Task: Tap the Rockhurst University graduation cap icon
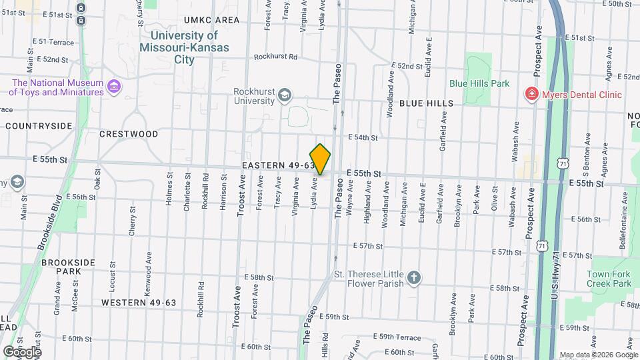pyautogui.click(x=285, y=95)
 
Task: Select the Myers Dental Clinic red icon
pyautogui.click(x=532, y=95)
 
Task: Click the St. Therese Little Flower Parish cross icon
pyautogui.click(x=414, y=277)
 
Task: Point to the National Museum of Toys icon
pyautogui.click(x=114, y=87)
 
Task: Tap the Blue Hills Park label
pyautogui.click(x=479, y=83)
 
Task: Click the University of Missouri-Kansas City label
pyautogui.click(x=184, y=47)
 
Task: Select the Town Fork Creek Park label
pyautogui.click(x=609, y=279)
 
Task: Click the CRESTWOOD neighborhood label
pyautogui.click(x=129, y=134)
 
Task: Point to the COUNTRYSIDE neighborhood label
pyautogui.click(x=39, y=125)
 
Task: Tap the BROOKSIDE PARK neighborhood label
pyautogui.click(x=69, y=267)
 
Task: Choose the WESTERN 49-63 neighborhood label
pyautogui.click(x=139, y=303)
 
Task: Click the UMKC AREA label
pyautogui.click(x=211, y=20)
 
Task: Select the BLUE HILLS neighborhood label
pyautogui.click(x=427, y=103)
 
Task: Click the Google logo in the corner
pyautogui.click(x=21, y=351)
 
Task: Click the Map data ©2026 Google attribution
pyautogui.click(x=598, y=355)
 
